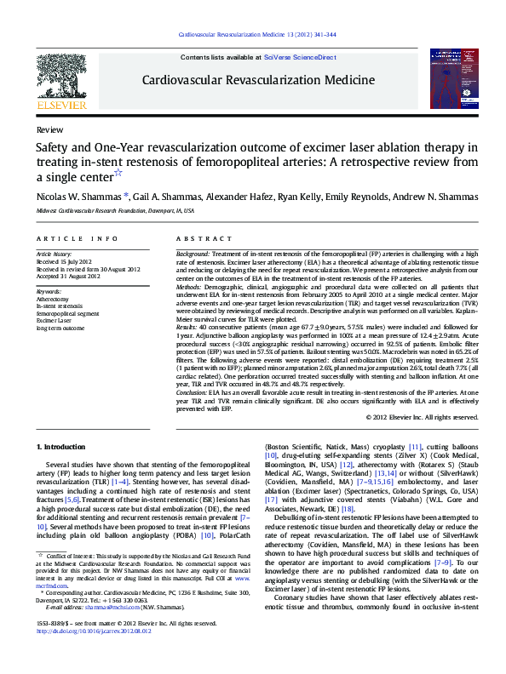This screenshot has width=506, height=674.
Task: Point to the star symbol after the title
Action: (x=118, y=173)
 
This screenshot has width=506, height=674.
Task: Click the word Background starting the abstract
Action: (x=192, y=254)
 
